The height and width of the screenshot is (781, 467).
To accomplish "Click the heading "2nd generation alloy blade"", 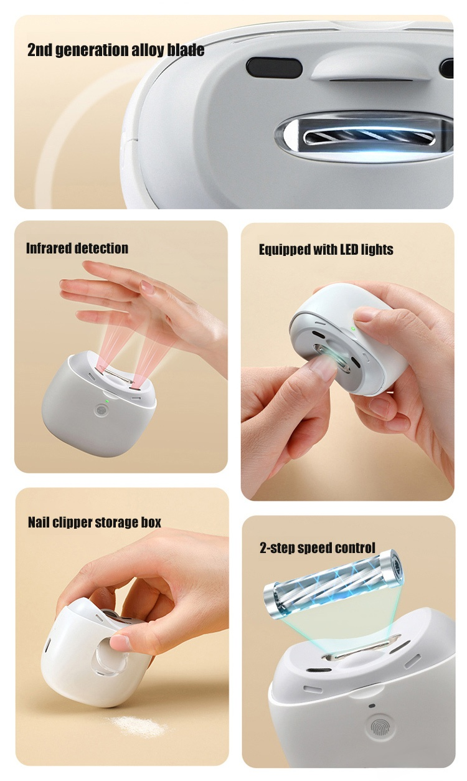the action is coord(116,49).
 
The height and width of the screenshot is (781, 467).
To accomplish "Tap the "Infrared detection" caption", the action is coord(77,249).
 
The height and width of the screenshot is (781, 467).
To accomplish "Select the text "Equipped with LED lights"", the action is coord(326,250).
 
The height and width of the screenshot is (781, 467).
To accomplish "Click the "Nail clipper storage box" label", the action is coord(95,523).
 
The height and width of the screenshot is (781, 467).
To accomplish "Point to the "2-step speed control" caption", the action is coord(317,547).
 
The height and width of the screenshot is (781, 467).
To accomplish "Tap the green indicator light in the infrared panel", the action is coord(107,400).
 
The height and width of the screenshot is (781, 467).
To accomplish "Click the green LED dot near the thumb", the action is coord(354,328).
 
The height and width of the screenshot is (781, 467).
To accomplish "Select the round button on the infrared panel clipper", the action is coord(101,410).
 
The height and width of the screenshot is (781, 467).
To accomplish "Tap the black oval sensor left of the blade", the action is coord(274,67).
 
